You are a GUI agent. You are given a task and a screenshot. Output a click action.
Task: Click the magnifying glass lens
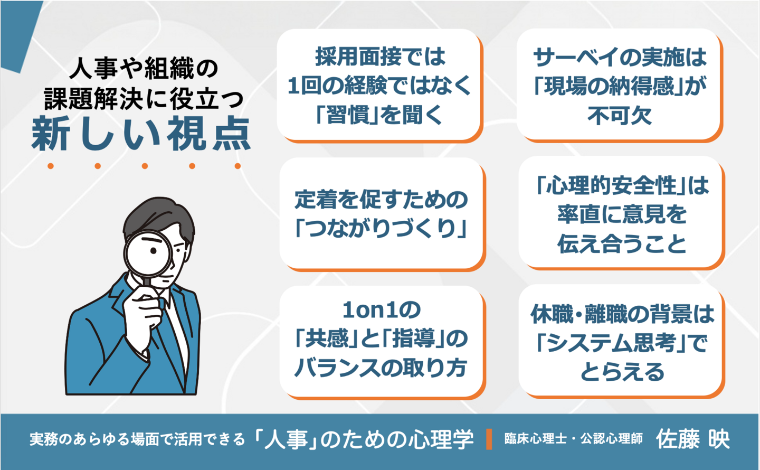point(148,255)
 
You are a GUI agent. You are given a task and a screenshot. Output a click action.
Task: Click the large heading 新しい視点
point(141,134)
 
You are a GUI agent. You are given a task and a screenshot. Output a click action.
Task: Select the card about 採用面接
point(379,85)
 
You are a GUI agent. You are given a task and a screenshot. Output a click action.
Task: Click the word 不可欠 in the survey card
point(620,116)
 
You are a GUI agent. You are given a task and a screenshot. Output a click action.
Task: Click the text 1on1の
point(382,310)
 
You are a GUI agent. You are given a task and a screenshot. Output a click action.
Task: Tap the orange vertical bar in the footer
point(489,439)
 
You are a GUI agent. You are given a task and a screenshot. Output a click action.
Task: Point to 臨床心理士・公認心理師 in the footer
point(573,439)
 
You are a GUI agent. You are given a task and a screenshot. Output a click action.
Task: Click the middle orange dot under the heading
point(145,166)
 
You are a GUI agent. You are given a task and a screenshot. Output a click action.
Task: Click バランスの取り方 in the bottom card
point(380,368)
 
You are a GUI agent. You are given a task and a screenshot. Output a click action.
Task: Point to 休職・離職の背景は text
point(622,314)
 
